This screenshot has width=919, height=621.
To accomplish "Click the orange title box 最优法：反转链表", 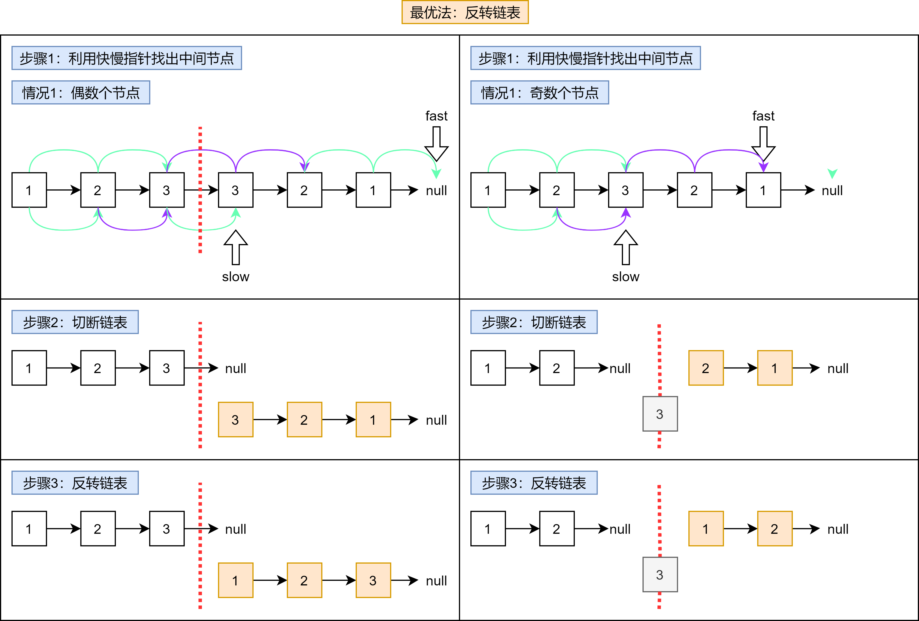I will pos(465,12).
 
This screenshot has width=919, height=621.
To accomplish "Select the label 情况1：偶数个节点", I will pos(81,93).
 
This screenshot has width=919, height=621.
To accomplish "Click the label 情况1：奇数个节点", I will pos(539,93).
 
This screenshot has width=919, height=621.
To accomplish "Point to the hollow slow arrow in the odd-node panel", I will pos(625,247).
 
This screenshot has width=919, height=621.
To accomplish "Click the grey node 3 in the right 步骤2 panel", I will pos(660,414).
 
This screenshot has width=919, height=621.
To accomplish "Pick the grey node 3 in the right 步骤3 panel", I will pos(660,574).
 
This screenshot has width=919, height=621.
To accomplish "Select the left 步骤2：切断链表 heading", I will pos(75,322).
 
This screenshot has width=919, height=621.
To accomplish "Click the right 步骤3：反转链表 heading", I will pos(534,483).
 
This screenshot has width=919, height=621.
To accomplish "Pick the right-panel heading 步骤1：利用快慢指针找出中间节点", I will pos(585,58).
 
